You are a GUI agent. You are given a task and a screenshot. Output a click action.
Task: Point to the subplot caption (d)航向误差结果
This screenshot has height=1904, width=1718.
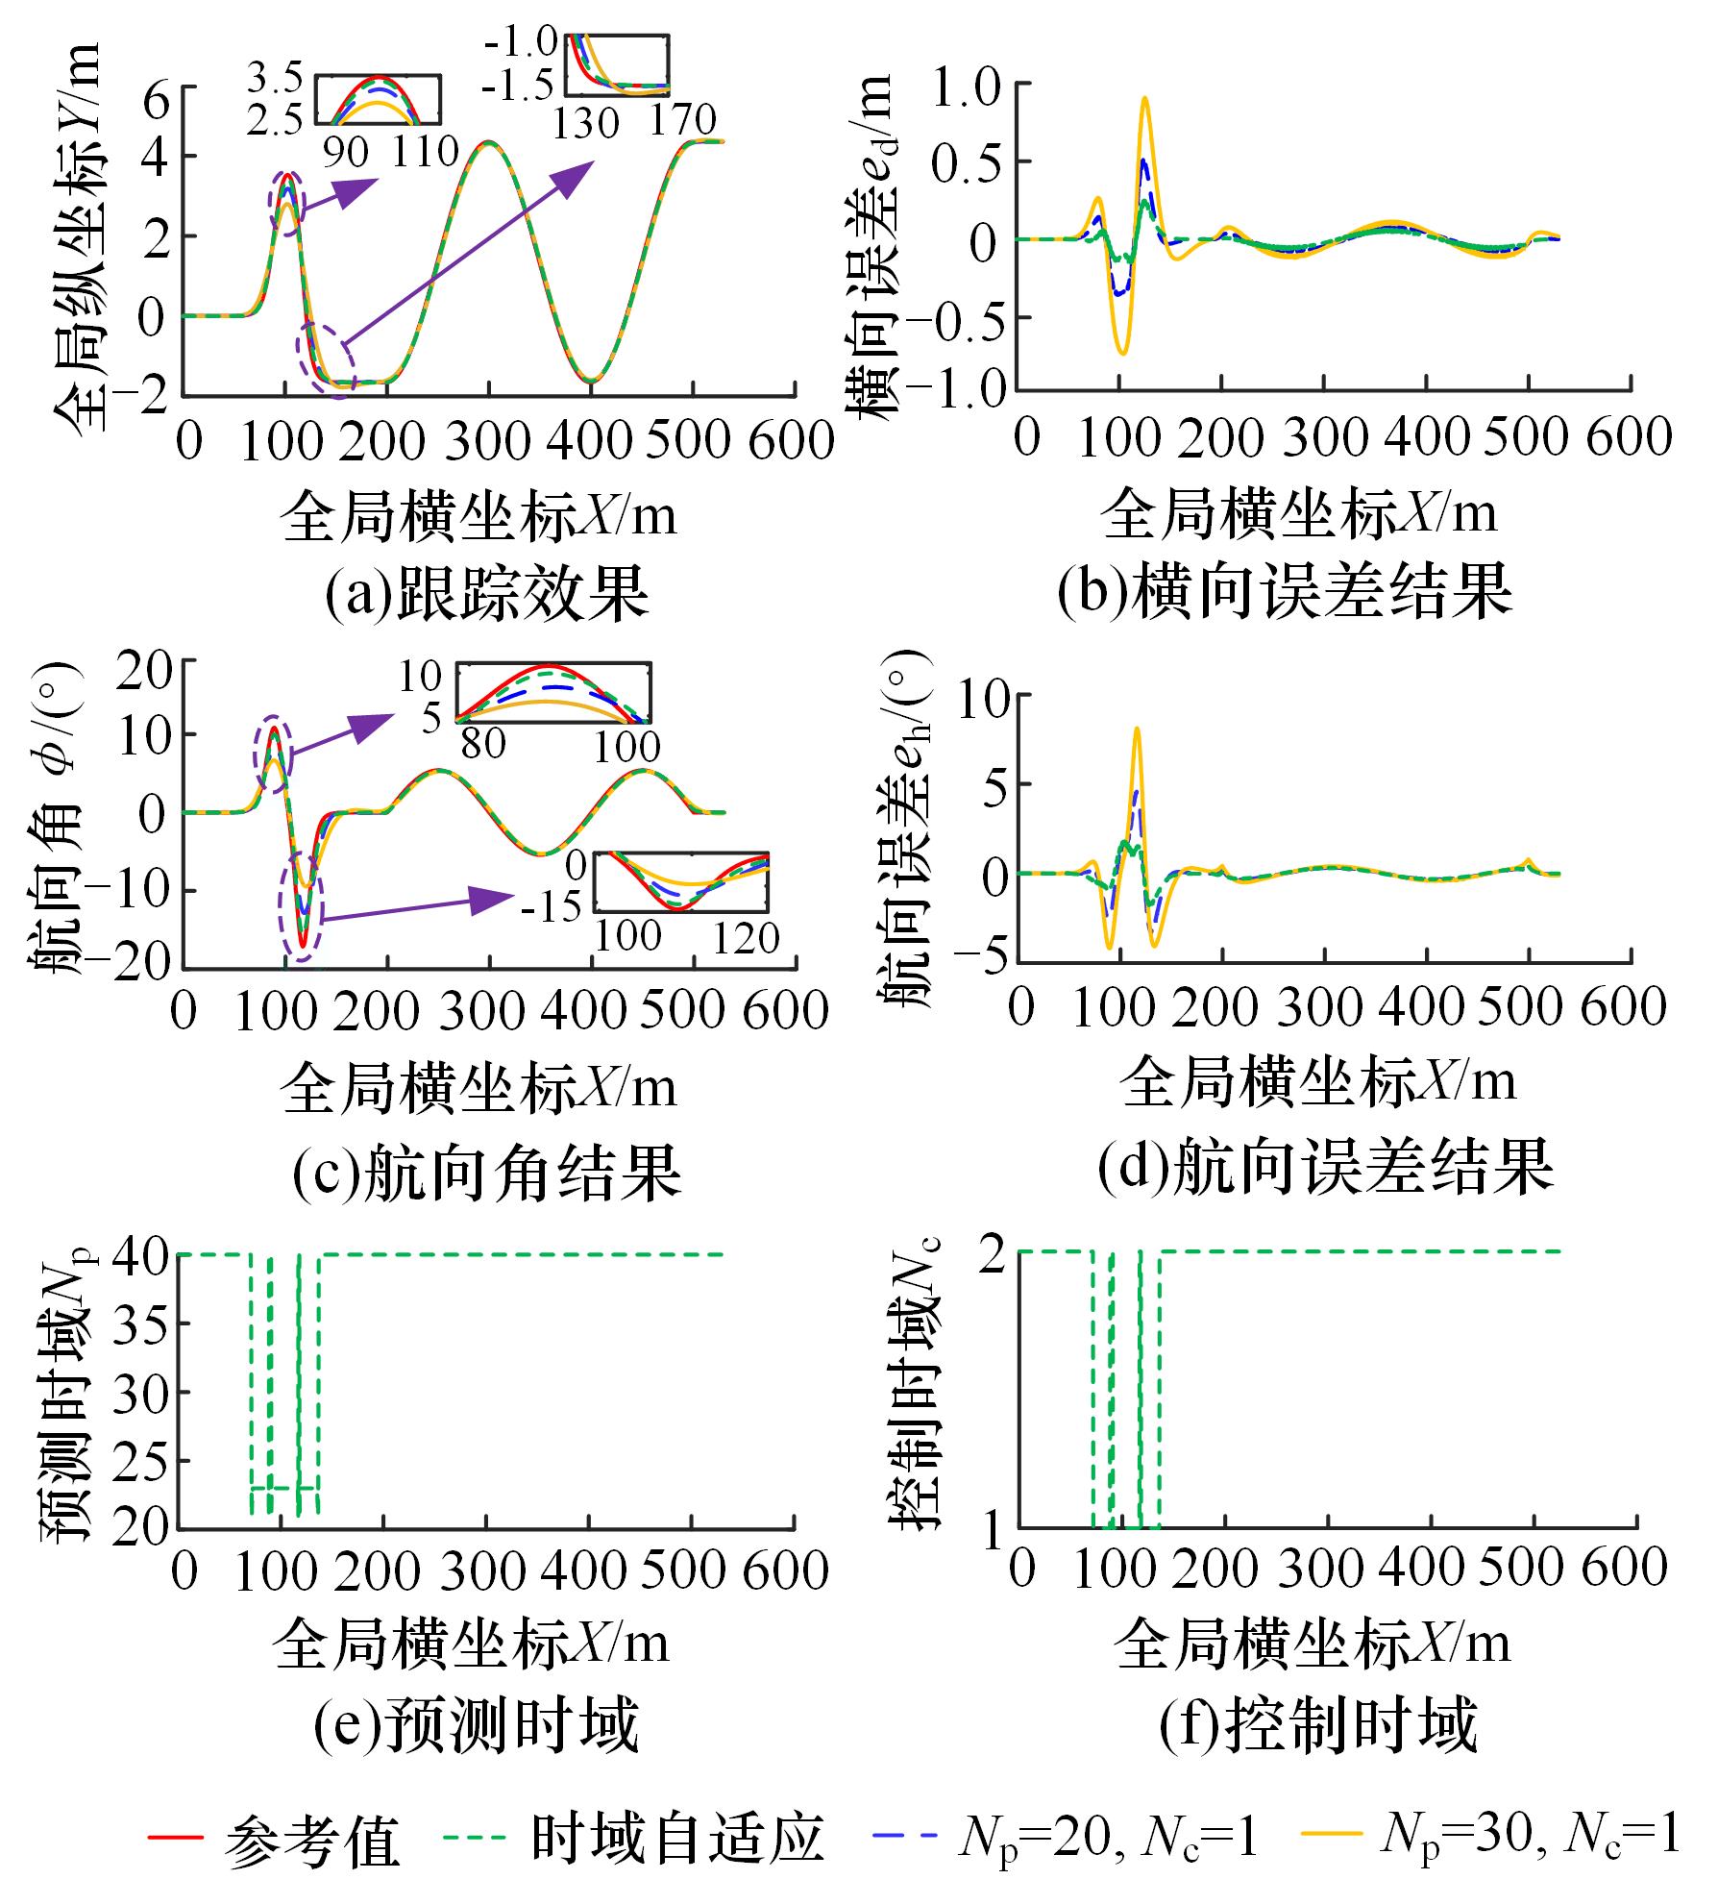[1325, 1166]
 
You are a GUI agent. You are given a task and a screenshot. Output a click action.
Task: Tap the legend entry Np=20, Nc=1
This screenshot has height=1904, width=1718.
[1067, 1836]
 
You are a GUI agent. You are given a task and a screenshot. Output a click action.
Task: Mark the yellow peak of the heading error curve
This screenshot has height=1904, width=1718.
[1137, 729]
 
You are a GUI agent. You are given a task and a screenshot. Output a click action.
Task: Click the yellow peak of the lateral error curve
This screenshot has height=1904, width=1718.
[1144, 97]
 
